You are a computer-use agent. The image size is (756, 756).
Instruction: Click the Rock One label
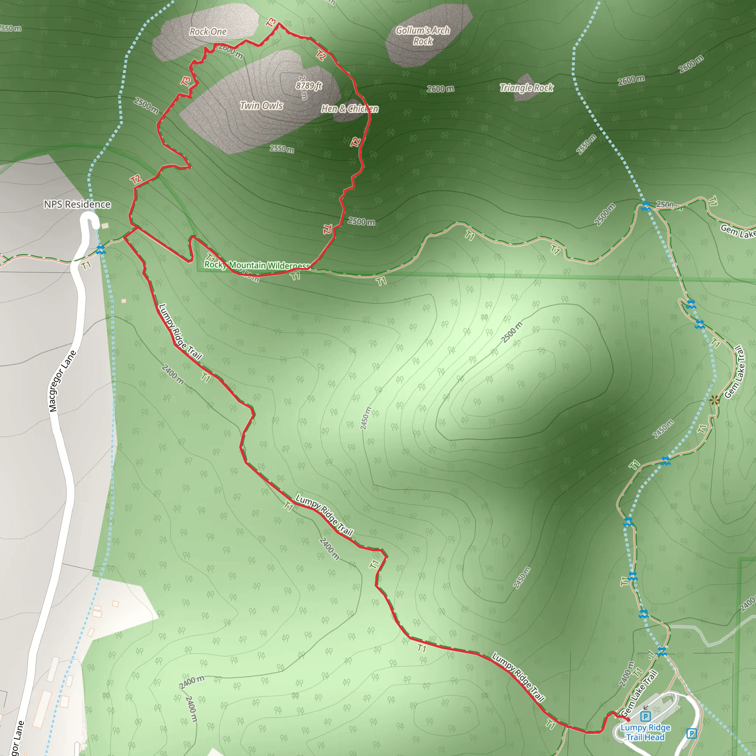coord(208,32)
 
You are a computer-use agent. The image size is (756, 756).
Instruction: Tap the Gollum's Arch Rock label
coord(423,35)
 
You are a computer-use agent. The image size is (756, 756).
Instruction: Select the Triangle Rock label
coord(526,87)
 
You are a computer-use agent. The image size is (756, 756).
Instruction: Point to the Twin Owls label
coord(261,106)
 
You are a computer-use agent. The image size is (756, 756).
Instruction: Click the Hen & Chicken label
coord(350,109)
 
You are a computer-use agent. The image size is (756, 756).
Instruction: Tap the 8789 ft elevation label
coord(309,85)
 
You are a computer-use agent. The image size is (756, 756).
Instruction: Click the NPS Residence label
coord(77,204)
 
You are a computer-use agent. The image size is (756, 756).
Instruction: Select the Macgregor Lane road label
coord(62,381)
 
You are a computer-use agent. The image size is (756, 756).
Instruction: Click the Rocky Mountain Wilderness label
coord(257,265)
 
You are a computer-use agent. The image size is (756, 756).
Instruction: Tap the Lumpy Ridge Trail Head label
coord(645,732)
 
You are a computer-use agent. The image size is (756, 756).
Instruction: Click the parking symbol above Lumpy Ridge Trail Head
coord(645,717)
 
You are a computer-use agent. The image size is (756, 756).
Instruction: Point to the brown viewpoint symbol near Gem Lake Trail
coord(714,400)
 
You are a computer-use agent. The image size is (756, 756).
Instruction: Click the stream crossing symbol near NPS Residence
coord(100,249)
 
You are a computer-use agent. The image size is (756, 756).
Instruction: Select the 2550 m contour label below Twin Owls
coord(282,149)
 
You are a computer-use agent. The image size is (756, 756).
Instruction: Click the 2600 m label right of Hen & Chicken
coord(440,89)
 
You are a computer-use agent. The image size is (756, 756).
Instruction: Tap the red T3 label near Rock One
coord(271,23)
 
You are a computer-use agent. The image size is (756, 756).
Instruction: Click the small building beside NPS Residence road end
coord(105,226)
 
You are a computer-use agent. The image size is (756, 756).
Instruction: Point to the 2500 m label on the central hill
coord(512,332)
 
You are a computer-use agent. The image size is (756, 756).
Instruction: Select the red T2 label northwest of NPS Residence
coord(136,180)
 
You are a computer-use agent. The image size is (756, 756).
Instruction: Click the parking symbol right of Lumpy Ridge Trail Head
coord(691,733)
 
